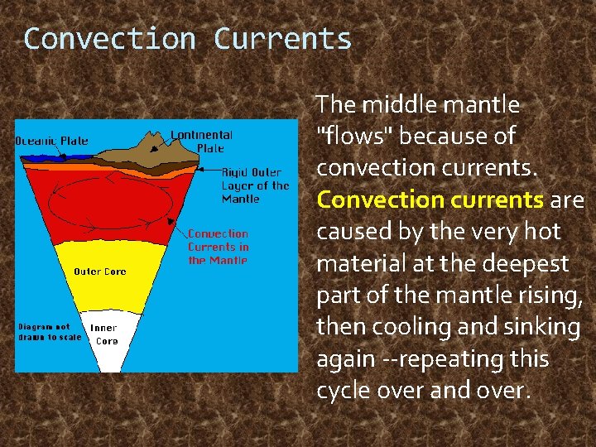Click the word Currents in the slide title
282,39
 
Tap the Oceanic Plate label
52,141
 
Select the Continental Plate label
201,141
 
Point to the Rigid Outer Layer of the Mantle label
255,186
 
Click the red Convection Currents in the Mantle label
218,247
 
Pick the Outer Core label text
99,272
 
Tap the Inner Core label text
104,334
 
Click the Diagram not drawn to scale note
50,331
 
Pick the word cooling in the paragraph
419,327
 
